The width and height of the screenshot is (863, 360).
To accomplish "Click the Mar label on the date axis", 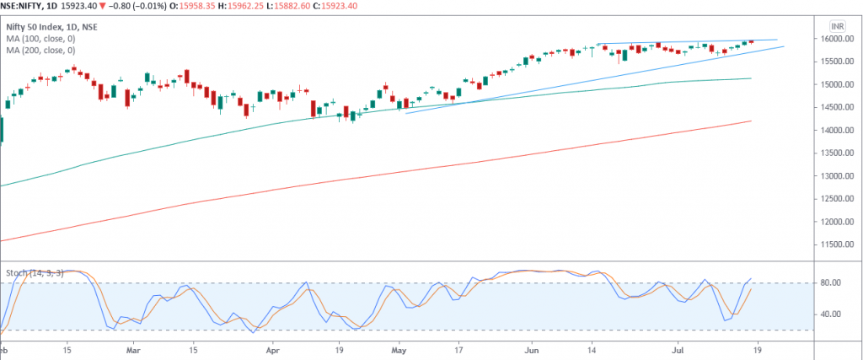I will point(131,348).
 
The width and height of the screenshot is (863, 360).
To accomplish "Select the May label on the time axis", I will point(399,348).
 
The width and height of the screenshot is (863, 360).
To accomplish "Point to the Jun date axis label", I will point(531,348).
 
